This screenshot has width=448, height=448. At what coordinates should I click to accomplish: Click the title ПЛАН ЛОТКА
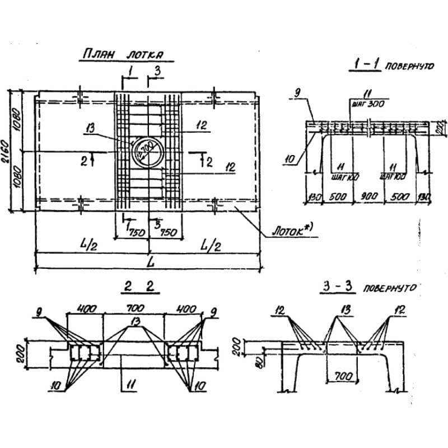point(122,55)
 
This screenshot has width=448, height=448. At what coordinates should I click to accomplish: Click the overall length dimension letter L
point(148,261)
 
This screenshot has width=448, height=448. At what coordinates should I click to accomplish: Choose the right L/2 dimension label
point(211,245)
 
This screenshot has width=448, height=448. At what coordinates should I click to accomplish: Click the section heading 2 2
point(141,287)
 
